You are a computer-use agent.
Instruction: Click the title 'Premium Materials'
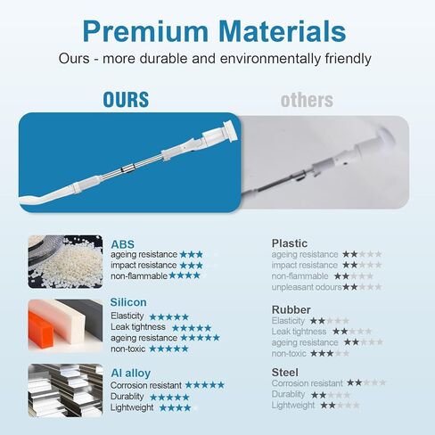click(214, 31)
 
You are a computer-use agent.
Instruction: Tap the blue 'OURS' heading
click(126, 100)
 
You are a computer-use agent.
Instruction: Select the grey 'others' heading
click(307, 100)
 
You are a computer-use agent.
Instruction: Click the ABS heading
click(122, 244)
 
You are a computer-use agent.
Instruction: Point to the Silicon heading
click(128, 302)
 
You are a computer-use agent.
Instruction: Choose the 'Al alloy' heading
click(130, 373)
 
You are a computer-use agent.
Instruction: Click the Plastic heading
click(290, 243)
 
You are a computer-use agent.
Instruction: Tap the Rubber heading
click(291, 309)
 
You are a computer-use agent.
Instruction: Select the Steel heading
click(284, 373)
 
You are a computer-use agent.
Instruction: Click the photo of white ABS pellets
click(65, 262)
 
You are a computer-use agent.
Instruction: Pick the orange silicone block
click(41, 327)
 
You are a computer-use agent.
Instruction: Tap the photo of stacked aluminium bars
click(65, 390)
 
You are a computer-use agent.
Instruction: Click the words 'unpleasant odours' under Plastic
click(307, 287)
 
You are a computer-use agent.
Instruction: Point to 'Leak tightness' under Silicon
click(138, 327)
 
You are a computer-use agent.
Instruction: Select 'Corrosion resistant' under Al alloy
click(146, 385)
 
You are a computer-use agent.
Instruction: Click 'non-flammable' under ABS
click(139, 276)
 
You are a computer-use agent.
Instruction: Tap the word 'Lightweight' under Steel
click(292, 405)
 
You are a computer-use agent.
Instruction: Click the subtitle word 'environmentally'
click(270, 59)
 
